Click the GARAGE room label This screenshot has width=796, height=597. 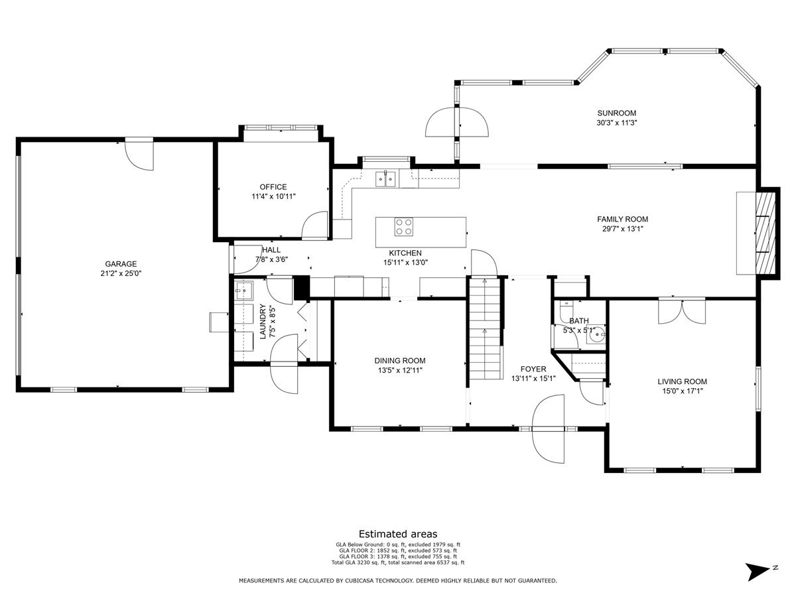click(121, 264)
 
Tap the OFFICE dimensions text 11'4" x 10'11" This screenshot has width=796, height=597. click(274, 196)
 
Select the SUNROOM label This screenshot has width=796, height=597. click(617, 113)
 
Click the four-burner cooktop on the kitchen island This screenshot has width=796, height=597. click(403, 227)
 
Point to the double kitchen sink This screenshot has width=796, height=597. click(385, 178)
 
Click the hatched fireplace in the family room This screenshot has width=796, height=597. click(765, 233)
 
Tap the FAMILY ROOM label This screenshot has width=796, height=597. click(623, 219)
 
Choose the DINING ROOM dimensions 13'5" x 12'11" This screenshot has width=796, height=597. click(400, 370)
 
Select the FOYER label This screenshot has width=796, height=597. click(533, 369)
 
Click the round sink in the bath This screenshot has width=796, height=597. click(596, 334)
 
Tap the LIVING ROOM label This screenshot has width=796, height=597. click(682, 381)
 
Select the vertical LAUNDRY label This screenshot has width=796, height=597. click(263, 322)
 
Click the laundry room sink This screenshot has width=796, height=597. click(243, 290)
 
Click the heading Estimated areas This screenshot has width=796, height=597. click(398, 534)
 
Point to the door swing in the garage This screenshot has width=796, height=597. click(139, 155)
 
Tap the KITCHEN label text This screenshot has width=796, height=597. click(405, 253)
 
